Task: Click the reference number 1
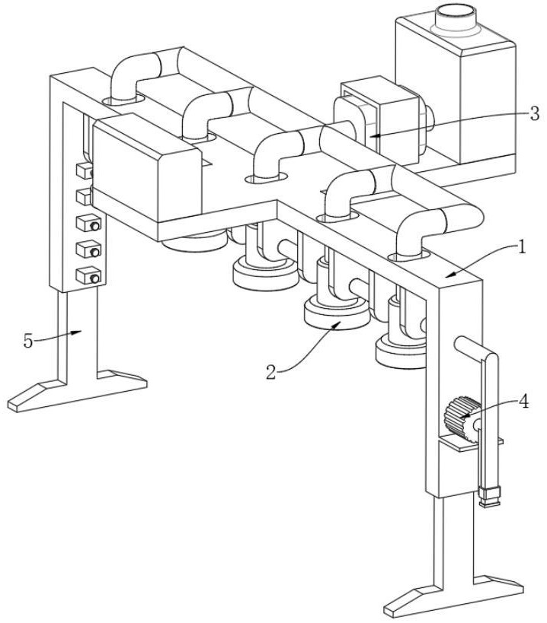[522, 246]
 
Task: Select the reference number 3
[534, 113]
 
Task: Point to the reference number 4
[524, 402]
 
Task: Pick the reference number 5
[28, 341]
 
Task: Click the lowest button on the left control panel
[88, 275]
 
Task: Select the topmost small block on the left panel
[85, 171]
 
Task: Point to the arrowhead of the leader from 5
[77, 332]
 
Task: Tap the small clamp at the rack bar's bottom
[490, 496]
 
